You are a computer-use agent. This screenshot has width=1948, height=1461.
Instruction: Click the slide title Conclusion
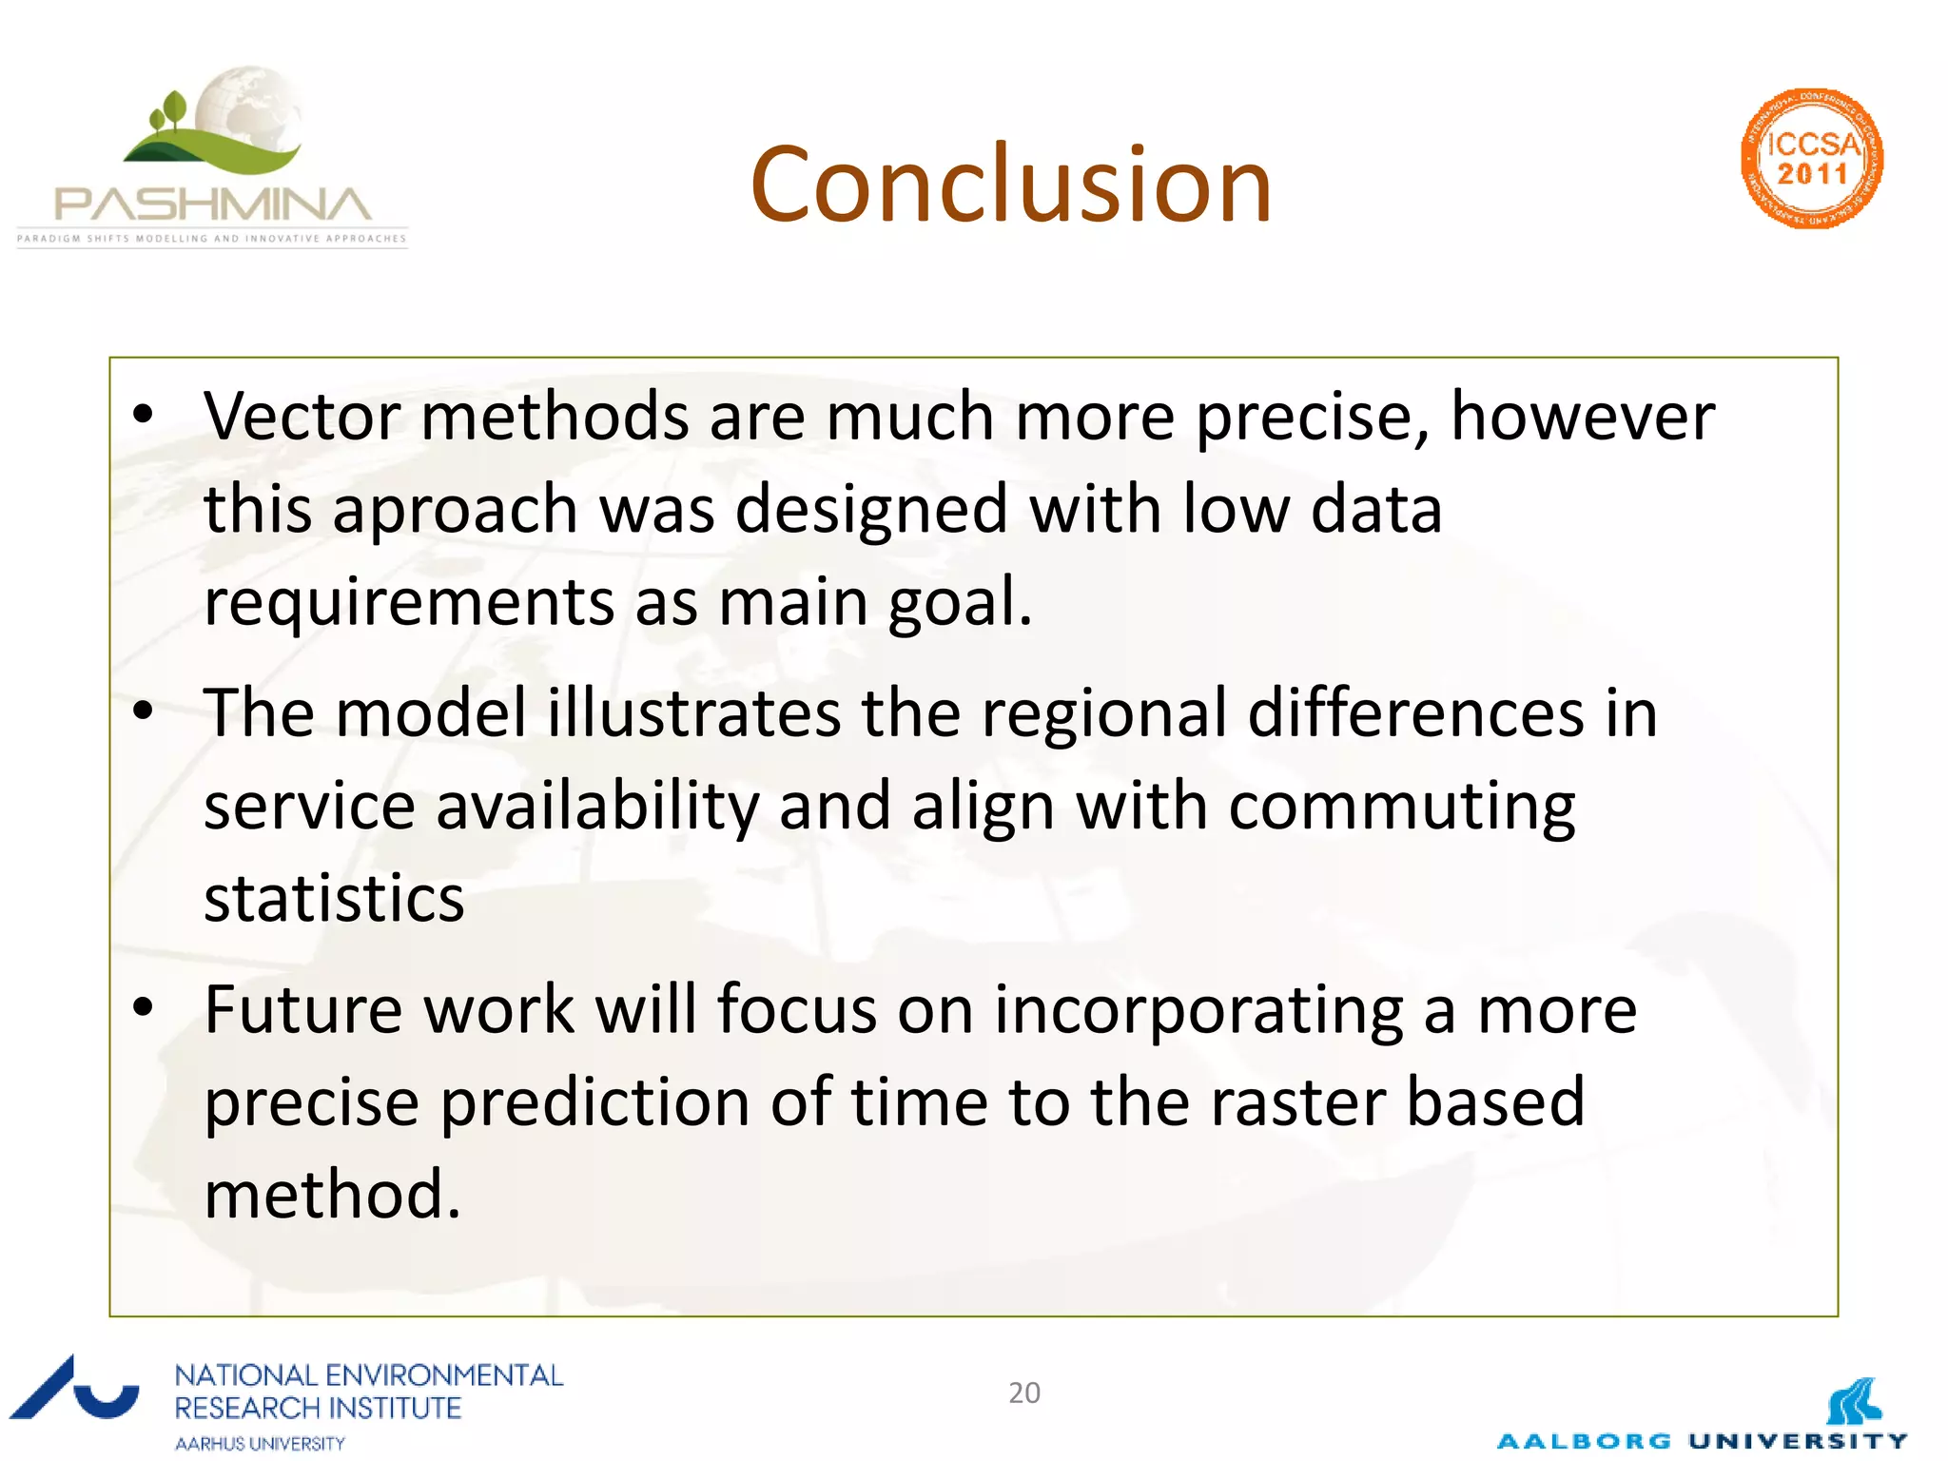pyautogui.click(x=1010, y=185)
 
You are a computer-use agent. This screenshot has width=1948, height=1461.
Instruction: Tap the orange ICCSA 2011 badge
pyautogui.click(x=1812, y=159)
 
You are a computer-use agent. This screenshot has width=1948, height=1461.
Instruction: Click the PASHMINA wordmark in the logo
pyautogui.click(x=213, y=205)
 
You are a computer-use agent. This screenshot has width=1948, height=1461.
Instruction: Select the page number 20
pyautogui.click(x=1024, y=1393)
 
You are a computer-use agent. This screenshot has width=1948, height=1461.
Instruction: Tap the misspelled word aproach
pyautogui.click(x=456, y=510)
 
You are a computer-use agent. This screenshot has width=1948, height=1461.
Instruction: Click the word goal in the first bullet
pyautogui.click(x=958, y=602)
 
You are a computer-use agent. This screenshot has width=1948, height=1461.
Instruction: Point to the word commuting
pyautogui.click(x=1401, y=807)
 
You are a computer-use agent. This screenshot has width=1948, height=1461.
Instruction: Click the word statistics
pyautogui.click(x=334, y=899)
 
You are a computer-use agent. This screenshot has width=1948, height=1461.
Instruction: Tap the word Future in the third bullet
pyautogui.click(x=302, y=1009)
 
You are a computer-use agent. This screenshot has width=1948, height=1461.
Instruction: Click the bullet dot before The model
pyautogui.click(x=143, y=711)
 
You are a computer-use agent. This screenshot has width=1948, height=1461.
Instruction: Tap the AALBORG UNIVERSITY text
pyautogui.click(x=1702, y=1441)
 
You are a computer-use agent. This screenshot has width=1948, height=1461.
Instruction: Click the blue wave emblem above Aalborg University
pyautogui.click(x=1854, y=1401)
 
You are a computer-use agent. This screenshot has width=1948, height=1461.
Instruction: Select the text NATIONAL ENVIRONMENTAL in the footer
pyautogui.click(x=369, y=1375)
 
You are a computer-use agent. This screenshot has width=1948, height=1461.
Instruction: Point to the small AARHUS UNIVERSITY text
pyautogui.click(x=260, y=1444)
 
